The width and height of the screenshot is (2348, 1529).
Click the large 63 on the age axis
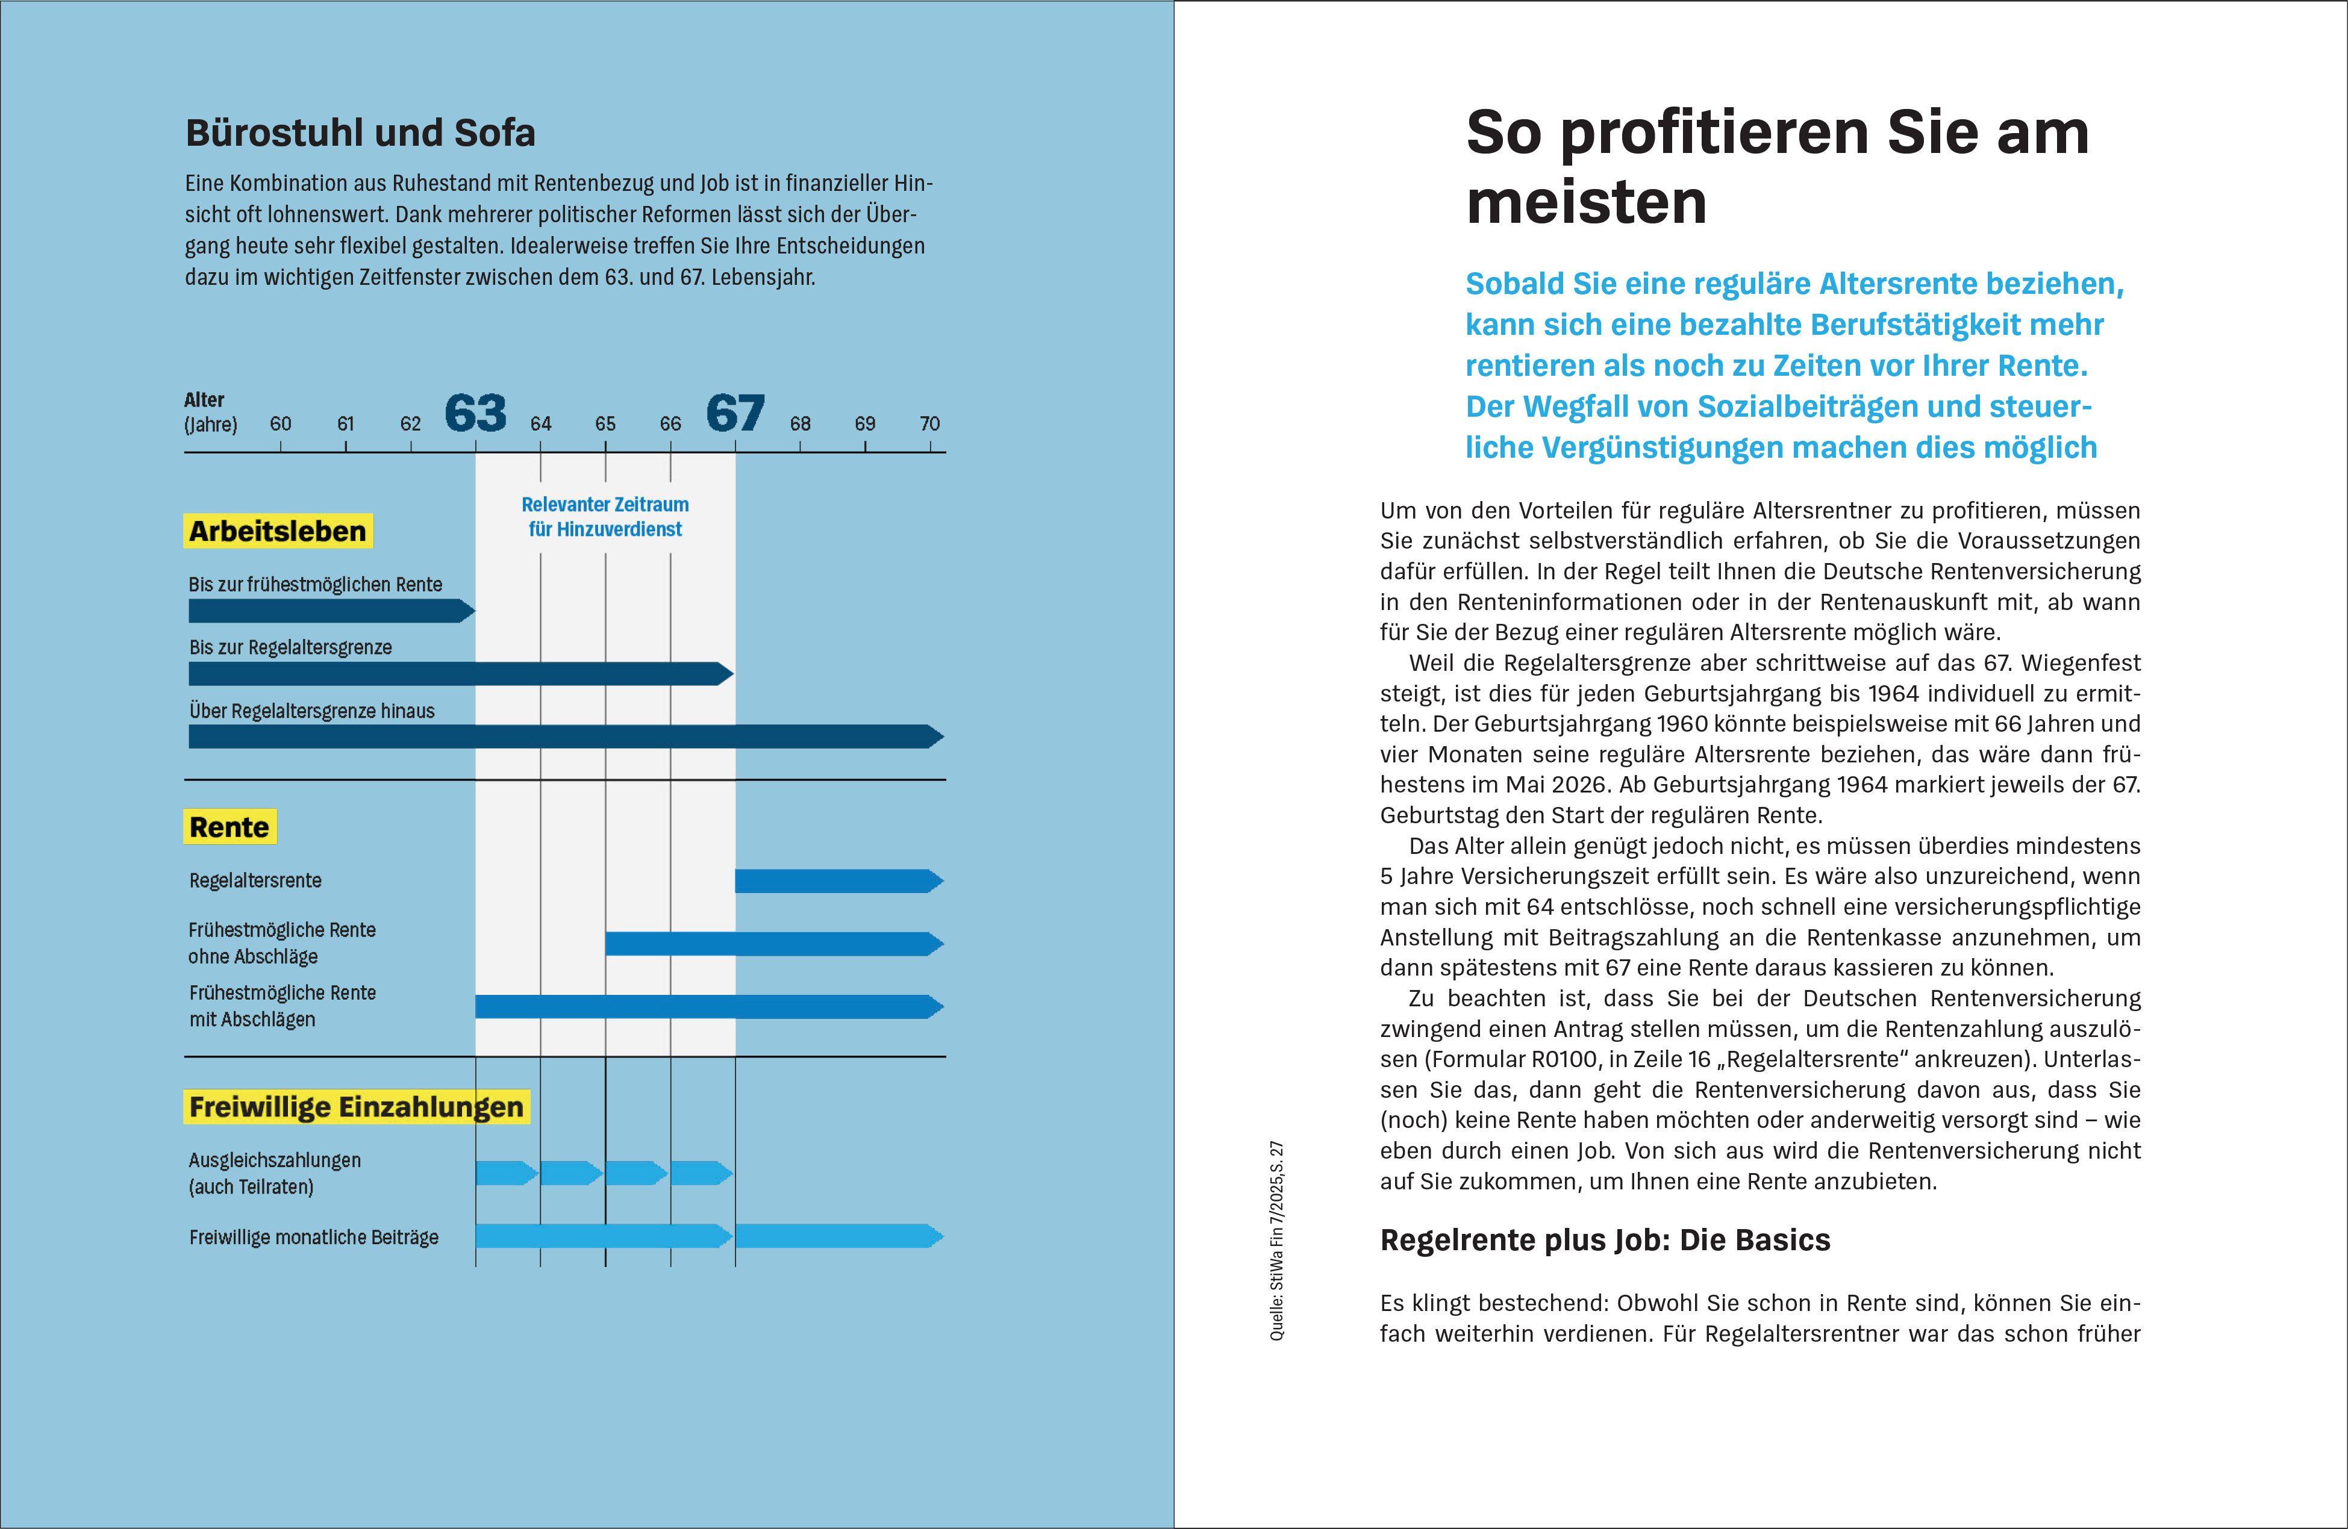tap(475, 413)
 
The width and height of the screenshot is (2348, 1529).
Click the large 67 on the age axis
tap(735, 413)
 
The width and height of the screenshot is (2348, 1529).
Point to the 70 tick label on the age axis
tap(929, 424)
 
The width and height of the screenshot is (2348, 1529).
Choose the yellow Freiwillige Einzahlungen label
tap(356, 1107)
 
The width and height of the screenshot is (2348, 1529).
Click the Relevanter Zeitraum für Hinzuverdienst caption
tap(605, 517)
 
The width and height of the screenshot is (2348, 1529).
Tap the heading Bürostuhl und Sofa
tap(360, 133)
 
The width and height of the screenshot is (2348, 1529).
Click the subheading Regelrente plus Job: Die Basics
tap(1605, 1240)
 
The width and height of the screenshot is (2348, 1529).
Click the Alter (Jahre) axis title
tap(210, 413)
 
